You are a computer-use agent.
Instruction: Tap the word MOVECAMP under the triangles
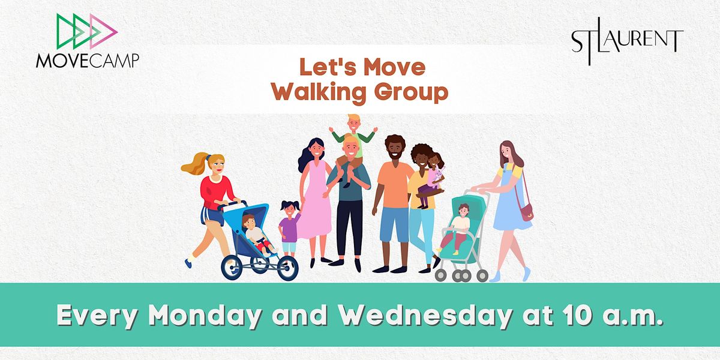pos(87,60)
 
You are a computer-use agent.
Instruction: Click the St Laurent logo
pos(627,42)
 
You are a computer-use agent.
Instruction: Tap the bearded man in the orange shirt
pos(394,192)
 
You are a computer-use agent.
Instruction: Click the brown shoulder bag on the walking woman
pos(526,211)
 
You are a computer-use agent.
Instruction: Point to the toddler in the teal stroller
pos(460,227)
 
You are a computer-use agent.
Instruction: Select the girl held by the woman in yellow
pos(434,177)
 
